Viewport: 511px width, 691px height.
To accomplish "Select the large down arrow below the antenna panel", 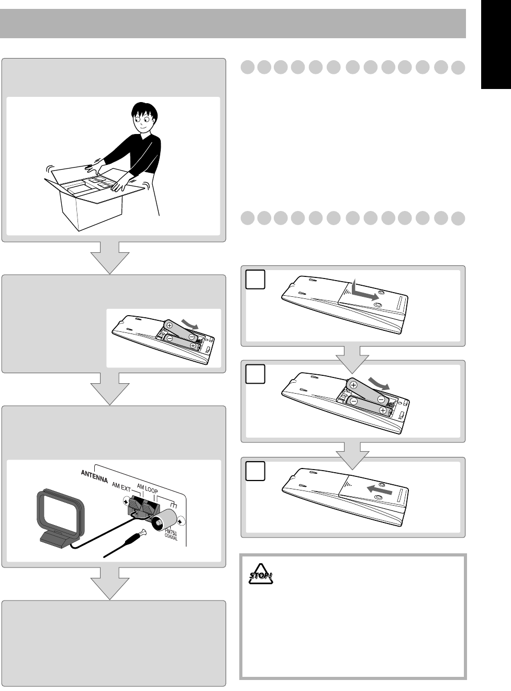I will [x=110, y=584].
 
